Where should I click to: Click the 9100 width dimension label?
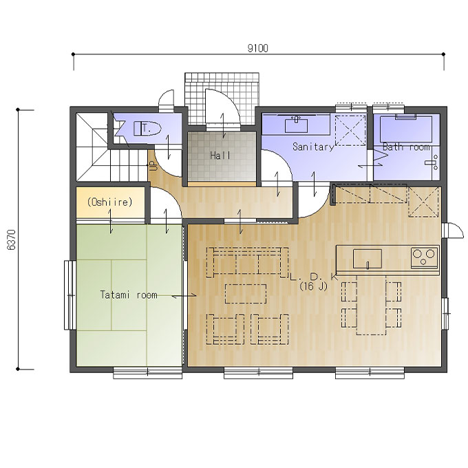point(258,47)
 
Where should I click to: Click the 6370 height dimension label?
point(11,240)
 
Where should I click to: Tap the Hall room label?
point(220,156)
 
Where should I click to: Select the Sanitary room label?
point(312,147)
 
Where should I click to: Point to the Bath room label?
point(407,147)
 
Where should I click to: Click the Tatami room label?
point(129,295)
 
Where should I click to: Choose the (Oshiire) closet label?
point(109,202)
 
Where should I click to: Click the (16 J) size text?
point(313,286)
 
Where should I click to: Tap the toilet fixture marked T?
point(147,129)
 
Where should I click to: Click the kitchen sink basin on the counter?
point(368,259)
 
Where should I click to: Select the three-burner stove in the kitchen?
point(424,257)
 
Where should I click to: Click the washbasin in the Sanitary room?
point(296,125)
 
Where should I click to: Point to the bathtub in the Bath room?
point(406,129)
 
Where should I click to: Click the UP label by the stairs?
point(152,166)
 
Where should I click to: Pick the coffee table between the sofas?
point(246,294)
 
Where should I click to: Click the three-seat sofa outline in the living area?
point(248,262)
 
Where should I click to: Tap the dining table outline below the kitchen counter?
point(371,304)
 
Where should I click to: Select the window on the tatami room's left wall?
point(70,295)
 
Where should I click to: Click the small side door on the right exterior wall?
point(453,231)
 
